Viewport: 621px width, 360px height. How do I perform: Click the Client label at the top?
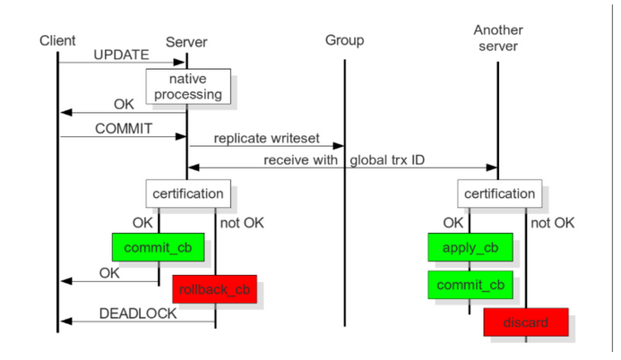click(57, 40)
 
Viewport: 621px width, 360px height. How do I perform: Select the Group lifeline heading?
click(344, 40)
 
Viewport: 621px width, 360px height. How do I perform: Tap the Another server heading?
click(498, 38)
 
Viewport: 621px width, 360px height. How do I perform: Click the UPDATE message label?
click(121, 55)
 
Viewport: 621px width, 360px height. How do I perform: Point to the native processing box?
click(188, 86)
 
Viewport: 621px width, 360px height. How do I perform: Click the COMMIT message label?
click(124, 128)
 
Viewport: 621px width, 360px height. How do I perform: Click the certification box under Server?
click(187, 193)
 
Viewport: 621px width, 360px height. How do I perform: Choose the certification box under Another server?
click(498, 193)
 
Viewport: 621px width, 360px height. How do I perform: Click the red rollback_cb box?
click(214, 288)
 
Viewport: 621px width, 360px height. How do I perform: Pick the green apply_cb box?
click(470, 246)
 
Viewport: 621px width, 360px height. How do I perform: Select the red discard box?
click(526, 321)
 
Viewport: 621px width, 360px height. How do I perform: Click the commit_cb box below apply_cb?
click(470, 285)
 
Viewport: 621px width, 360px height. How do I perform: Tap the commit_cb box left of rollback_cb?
click(158, 246)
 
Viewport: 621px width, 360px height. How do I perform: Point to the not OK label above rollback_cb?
click(241, 222)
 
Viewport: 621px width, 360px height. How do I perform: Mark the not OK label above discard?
click(552, 222)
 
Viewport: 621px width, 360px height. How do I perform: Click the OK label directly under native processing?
click(124, 104)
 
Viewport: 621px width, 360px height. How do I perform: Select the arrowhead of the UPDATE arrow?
click(183, 63)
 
